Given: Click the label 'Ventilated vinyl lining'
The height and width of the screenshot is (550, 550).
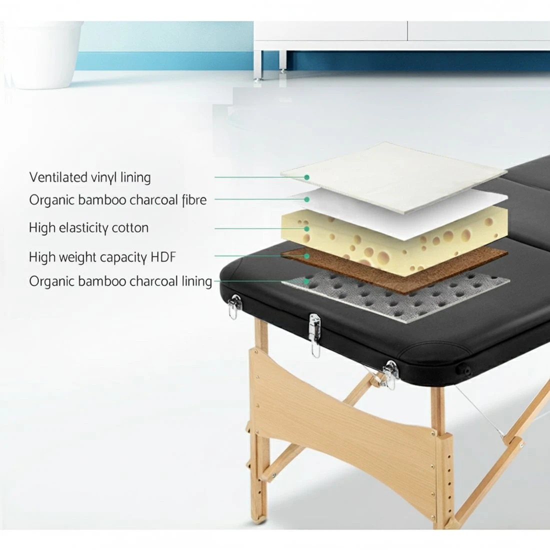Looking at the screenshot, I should click(90, 177).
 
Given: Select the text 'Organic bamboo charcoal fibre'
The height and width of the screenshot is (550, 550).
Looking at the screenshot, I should click(117, 200).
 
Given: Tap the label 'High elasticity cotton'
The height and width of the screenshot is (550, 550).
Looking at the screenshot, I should click(88, 228).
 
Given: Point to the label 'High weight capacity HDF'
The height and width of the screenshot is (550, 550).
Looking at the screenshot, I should click(102, 257).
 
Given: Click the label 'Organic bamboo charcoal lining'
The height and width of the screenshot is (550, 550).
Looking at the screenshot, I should click(120, 281).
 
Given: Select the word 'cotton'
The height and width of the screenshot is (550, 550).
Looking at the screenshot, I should click(131, 228).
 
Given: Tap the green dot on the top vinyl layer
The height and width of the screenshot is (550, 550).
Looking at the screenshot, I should click(307, 177).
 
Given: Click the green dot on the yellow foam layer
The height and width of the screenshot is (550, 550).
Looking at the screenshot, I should click(307, 228).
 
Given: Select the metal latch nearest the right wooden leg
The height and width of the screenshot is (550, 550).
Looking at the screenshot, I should click(389, 374).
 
